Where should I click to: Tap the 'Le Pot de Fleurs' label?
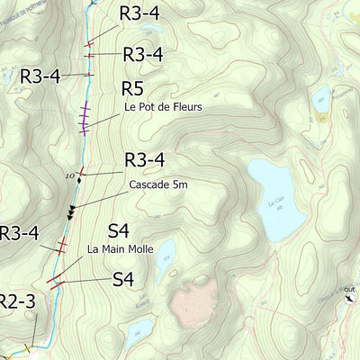coord(163,107)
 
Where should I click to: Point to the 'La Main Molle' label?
coord(121,248)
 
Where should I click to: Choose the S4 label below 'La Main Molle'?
coord(123,280)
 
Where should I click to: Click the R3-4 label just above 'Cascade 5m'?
coord(144,160)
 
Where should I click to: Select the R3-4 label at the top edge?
coord(140,13)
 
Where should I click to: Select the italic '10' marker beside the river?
coord(69,175)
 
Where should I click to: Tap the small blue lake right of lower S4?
coord(165,258)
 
